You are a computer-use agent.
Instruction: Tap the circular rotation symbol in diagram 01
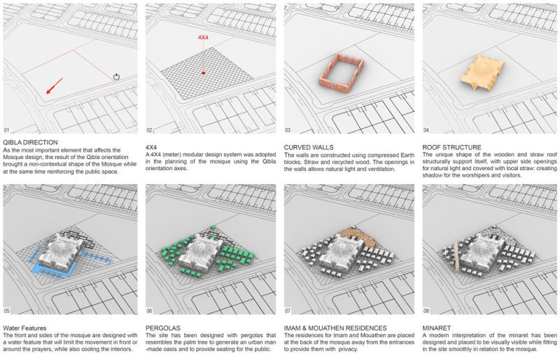click(x=116, y=76)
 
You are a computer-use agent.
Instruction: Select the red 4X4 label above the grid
click(x=204, y=36)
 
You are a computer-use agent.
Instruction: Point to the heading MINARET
click(x=440, y=328)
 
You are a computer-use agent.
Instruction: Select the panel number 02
click(x=150, y=130)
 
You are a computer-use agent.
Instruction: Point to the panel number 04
click(x=428, y=130)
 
